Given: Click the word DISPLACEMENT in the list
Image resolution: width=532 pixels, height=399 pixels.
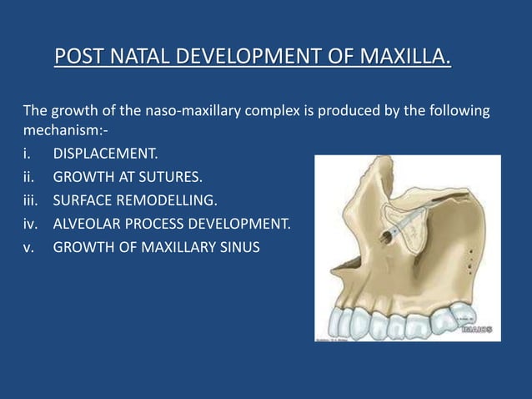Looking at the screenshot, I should coord(104,154).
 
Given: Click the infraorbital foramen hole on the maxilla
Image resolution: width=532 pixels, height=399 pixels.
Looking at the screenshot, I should coord(389,237).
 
